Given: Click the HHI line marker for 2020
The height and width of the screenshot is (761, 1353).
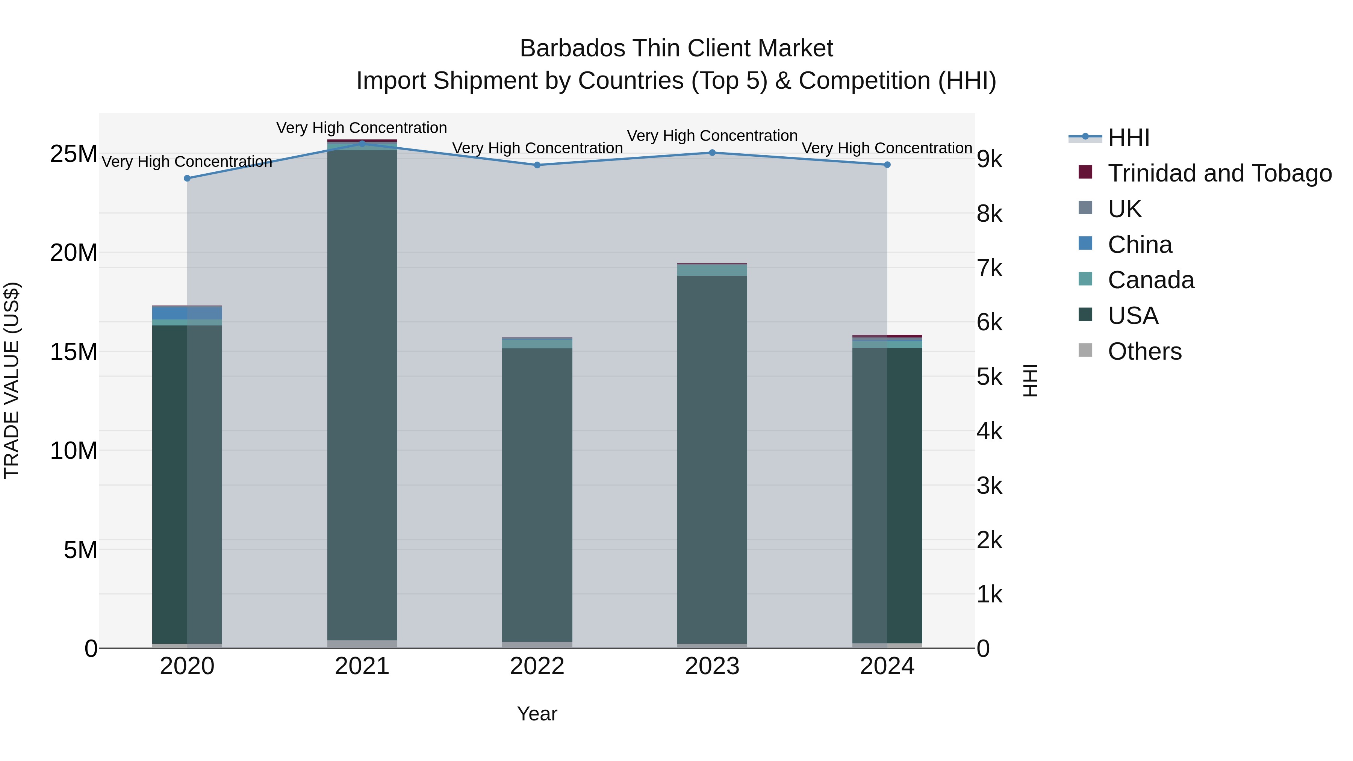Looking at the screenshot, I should [x=187, y=178].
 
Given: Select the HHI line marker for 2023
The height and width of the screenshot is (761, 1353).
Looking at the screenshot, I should [x=712, y=153].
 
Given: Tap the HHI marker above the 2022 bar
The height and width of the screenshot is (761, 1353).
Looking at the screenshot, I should [x=537, y=165].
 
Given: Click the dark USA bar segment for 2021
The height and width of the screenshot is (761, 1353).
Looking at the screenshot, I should [x=362, y=394].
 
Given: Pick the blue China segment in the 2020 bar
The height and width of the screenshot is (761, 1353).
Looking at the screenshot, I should [x=187, y=313].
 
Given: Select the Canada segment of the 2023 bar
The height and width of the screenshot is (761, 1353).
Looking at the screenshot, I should [x=712, y=270].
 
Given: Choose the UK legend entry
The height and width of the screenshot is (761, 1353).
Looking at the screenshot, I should [x=1124, y=209].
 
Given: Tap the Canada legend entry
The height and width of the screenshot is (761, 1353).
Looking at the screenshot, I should [x=1150, y=280].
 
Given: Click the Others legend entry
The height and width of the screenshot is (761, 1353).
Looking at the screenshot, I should [x=1144, y=351].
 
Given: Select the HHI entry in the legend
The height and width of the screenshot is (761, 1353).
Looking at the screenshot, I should [x=1128, y=138].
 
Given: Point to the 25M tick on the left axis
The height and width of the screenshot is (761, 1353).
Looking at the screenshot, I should [x=74, y=154].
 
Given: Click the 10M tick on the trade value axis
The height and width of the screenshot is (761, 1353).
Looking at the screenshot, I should [x=74, y=451].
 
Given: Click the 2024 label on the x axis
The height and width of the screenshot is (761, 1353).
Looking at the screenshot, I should [x=887, y=666].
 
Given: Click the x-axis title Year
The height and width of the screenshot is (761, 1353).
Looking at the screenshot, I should [x=537, y=714].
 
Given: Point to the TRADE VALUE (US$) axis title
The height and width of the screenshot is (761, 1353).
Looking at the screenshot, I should [x=12, y=380].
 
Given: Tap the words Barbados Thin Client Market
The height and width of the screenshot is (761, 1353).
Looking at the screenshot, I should [x=676, y=48].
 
